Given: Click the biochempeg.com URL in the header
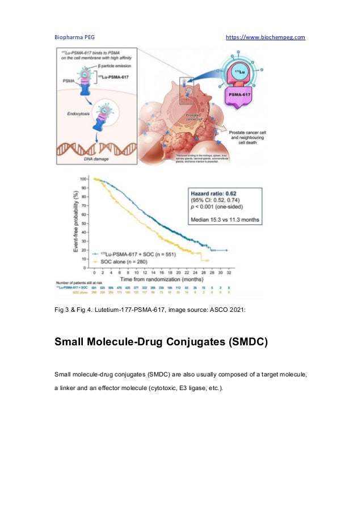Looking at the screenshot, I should [265, 37].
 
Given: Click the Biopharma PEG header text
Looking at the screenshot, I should [74, 37].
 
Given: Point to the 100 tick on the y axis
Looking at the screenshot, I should [83, 179].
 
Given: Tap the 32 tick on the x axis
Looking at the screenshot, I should [227, 273].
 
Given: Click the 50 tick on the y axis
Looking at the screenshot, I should [84, 223].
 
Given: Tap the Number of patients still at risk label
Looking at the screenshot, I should [78, 282].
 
